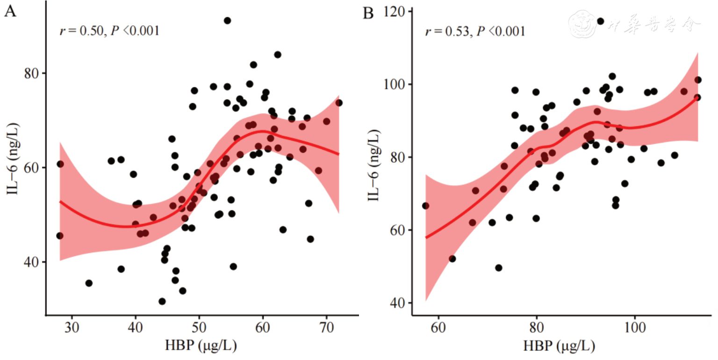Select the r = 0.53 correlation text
pyautogui.click(x=474, y=31)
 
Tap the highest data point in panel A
pyautogui.click(x=227, y=21)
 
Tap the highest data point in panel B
pyautogui.click(x=601, y=21)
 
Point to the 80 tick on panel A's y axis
pyautogui.click(x=34, y=73)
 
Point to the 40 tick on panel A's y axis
pyautogui.click(x=34, y=262)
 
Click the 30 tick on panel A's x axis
pyautogui.click(x=72, y=325)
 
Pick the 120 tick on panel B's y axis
pyautogui.click(x=395, y=11)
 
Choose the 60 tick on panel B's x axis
pyautogui.click(x=438, y=325)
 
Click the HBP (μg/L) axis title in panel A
pyautogui.click(x=201, y=346)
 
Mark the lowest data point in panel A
pyautogui.click(x=162, y=302)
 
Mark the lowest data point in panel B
pyautogui.click(x=499, y=268)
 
